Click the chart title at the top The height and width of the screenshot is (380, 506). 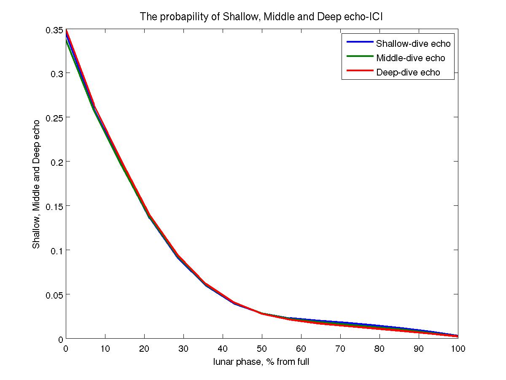(x=261, y=17)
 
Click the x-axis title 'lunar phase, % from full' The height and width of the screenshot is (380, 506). (x=261, y=361)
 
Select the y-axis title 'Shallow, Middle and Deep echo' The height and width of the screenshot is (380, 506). (x=37, y=184)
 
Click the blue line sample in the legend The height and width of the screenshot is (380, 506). (x=359, y=42)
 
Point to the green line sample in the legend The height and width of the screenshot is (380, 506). (x=359, y=57)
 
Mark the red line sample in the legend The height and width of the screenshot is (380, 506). (x=359, y=71)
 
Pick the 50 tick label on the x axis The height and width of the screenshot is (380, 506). (x=262, y=349)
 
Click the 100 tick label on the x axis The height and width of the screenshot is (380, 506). (x=458, y=349)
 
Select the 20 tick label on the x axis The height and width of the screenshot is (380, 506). (x=144, y=349)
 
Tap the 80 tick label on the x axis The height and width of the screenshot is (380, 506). (x=379, y=349)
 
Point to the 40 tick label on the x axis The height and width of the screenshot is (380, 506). (x=223, y=349)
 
